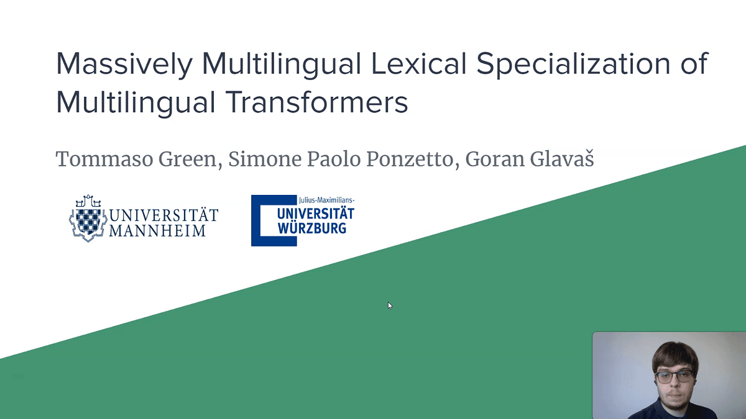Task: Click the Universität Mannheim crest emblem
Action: tap(88, 219)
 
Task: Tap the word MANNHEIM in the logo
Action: tap(157, 231)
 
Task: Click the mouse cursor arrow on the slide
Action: tap(390, 305)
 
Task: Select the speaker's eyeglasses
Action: tap(672, 375)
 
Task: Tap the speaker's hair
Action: tap(673, 353)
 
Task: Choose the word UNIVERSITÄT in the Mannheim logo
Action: tap(164, 215)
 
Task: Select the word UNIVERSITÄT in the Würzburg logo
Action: tap(316, 214)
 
